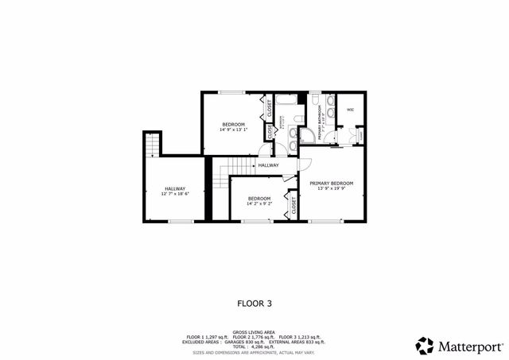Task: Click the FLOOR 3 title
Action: pos(254,302)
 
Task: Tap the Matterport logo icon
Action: pos(423,345)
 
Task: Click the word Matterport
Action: pos(467,346)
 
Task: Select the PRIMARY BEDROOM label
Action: pos(331,183)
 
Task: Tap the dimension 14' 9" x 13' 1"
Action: pos(233,130)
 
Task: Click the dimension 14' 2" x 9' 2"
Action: pos(258,203)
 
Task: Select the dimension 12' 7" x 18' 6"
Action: pos(175,194)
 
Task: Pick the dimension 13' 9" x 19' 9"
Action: pos(331,188)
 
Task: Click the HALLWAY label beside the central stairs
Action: pos(268,165)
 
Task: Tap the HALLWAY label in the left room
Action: pos(175,188)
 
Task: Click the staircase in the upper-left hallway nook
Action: pos(151,146)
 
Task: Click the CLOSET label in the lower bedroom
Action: pos(293,206)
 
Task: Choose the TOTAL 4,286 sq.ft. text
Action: pos(254,346)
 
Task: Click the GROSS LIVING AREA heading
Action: pos(254,332)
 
